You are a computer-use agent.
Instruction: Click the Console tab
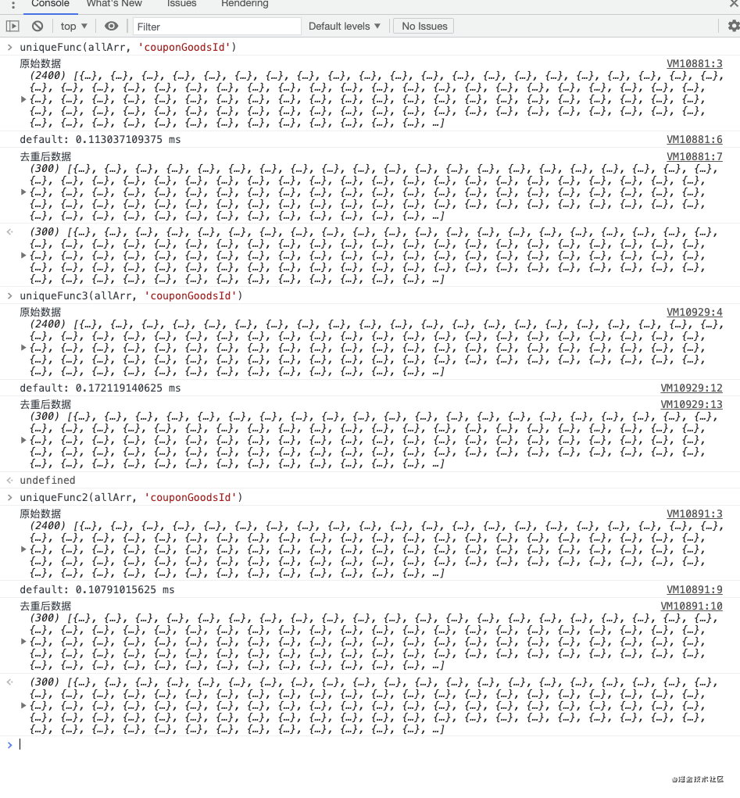50,4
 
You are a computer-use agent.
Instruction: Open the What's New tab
114,4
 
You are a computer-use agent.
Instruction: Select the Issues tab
182,4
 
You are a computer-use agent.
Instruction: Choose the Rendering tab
245,4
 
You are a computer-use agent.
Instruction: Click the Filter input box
216,27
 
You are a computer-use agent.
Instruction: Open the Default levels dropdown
345,27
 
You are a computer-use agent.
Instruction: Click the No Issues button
424,27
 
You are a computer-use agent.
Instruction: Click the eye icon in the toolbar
112,27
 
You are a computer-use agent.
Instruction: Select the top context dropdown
74,27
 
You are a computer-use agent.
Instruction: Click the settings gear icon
733,26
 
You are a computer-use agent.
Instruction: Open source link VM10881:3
694,64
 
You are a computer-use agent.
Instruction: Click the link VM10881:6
694,140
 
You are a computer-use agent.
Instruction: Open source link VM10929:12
692,388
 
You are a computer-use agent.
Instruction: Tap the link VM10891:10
692,607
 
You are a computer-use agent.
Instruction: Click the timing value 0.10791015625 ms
125,590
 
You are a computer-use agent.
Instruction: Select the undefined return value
48,481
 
